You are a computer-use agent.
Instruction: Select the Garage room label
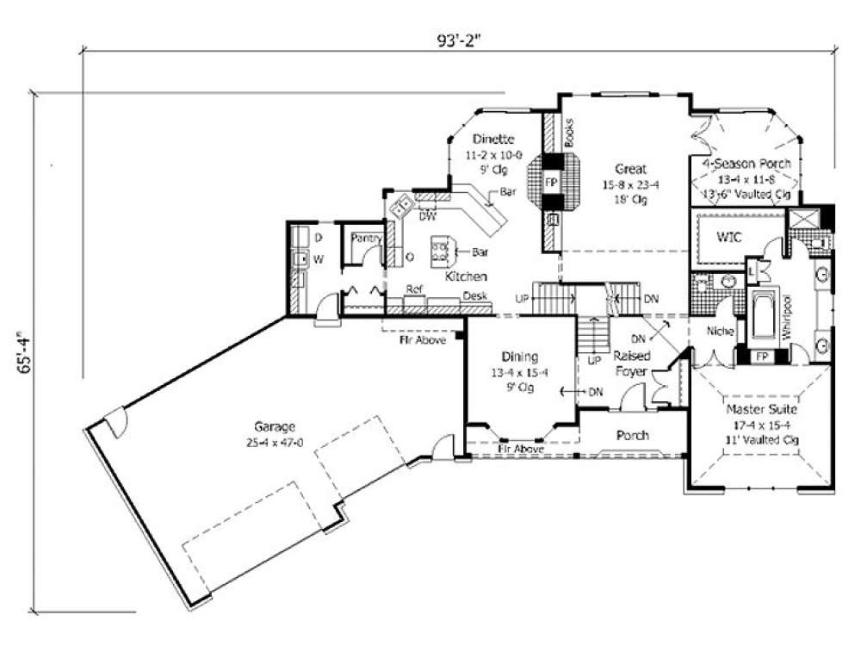275,426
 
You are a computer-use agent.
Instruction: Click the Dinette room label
493,139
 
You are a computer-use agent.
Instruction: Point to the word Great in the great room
630,170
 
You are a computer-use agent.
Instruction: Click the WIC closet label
728,236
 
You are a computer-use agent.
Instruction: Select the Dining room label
520,356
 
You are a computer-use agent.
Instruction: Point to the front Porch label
631,435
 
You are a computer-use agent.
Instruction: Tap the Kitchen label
466,276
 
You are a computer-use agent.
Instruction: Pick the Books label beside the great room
569,132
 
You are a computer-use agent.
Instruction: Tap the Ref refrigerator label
414,289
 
